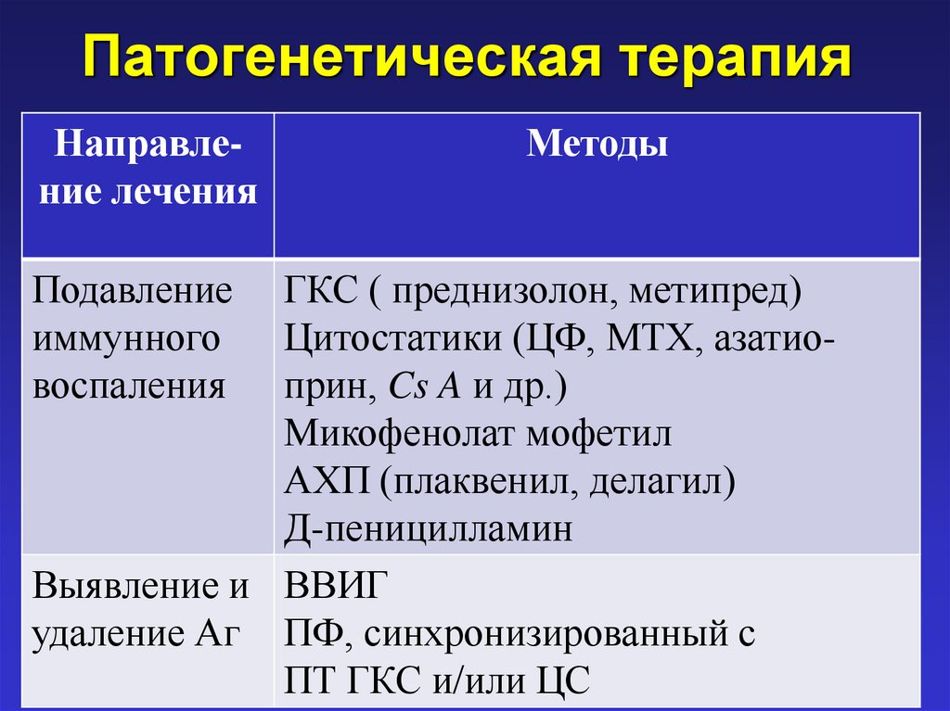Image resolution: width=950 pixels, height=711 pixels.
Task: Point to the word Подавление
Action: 133,292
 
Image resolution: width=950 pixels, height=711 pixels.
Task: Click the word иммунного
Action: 127,338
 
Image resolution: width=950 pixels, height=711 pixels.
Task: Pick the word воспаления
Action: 129,385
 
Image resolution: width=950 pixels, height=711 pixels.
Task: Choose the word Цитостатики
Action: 390,338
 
